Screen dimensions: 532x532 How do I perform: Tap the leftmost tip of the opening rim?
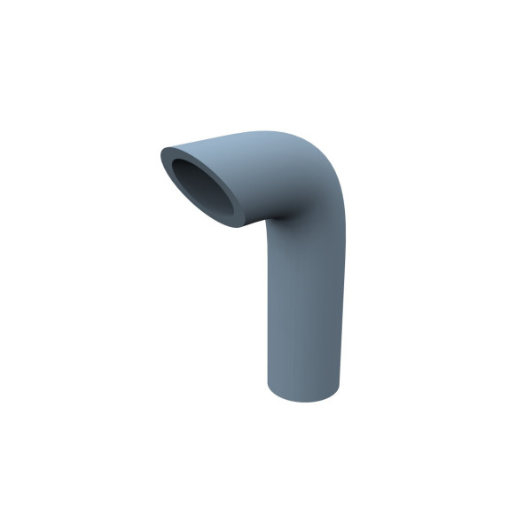(161, 153)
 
